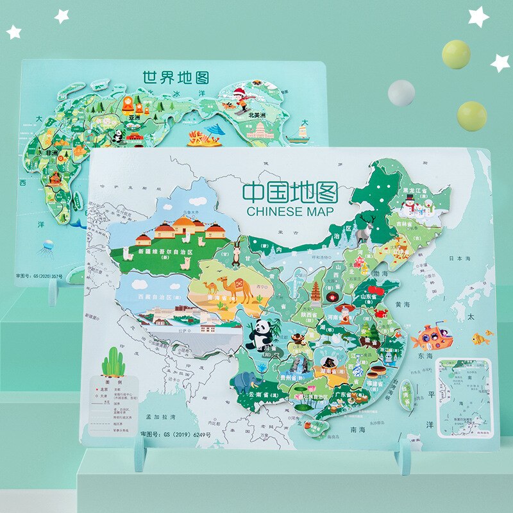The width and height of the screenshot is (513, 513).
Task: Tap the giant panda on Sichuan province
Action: click(x=260, y=335)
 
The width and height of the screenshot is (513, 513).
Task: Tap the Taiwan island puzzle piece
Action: click(x=405, y=393)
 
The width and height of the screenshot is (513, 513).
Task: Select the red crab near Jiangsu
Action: click(x=380, y=313)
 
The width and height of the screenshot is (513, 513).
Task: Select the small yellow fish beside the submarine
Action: click(x=479, y=338)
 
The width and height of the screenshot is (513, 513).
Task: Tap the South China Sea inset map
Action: click(x=464, y=397)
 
